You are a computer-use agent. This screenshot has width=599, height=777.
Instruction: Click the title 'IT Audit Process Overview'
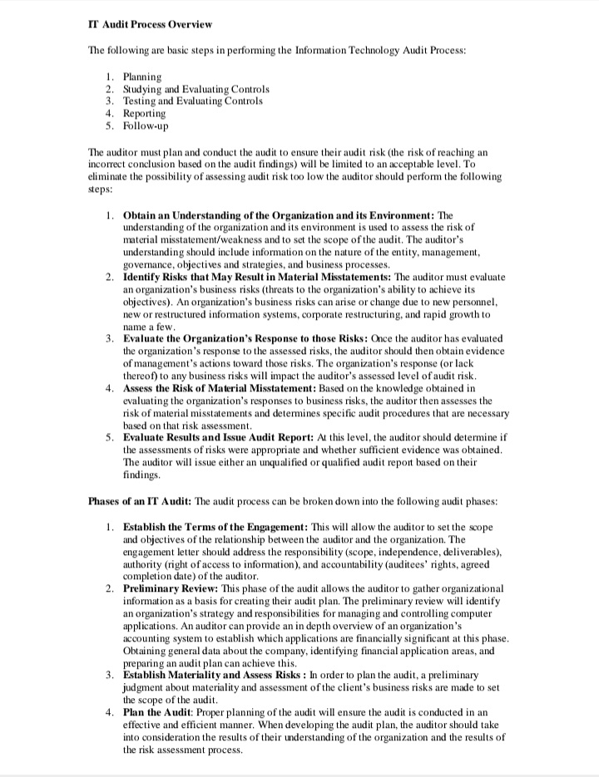coord(150,24)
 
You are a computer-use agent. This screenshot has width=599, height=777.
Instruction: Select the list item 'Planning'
coord(142,77)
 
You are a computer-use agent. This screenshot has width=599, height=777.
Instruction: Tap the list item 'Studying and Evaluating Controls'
coord(196,89)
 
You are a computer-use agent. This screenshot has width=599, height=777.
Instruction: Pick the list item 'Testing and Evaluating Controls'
coord(192,101)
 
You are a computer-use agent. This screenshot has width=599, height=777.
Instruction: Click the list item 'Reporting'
coord(144,114)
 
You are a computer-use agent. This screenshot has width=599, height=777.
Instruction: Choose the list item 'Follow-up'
coord(145,126)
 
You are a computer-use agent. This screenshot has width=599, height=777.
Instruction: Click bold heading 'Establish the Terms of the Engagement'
coord(215,528)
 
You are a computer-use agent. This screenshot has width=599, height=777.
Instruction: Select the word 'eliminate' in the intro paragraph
coord(108,177)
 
